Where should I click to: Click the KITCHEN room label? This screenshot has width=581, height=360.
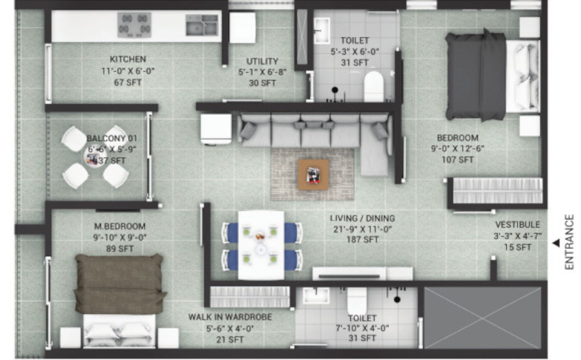(128, 59)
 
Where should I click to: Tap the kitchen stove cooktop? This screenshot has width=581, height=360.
(134, 24)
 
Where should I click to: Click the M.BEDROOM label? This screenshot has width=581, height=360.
(119, 226)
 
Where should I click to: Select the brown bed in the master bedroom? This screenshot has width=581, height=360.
(120, 284)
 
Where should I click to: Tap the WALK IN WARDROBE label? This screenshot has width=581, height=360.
(230, 317)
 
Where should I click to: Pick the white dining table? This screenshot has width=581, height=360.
(260, 243)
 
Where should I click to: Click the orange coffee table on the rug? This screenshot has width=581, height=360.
(312, 174)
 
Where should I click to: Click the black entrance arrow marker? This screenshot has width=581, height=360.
(556, 241)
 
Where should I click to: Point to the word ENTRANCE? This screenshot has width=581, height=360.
(569, 241)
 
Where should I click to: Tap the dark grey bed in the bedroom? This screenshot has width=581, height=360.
(476, 74)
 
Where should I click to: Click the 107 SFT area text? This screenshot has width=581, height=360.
(457, 160)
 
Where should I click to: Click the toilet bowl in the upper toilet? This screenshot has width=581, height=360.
(374, 87)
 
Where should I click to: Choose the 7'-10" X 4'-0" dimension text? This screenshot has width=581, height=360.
(364, 328)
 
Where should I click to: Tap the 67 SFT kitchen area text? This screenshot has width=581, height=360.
(128, 82)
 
